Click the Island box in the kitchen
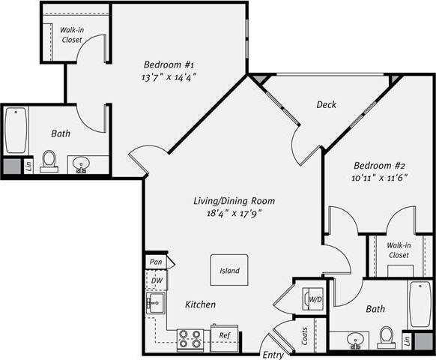pyautogui.click(x=229, y=270)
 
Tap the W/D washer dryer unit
pyautogui.click(x=314, y=300)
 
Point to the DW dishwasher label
pyautogui.click(x=157, y=280)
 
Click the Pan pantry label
pyautogui.click(x=156, y=262)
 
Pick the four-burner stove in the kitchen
pyautogui.click(x=190, y=339)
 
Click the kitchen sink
pyautogui.click(x=156, y=304)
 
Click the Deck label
pyautogui.click(x=326, y=104)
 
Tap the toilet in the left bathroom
pyautogui.click(x=49, y=160)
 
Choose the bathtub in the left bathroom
pyautogui.click(x=16, y=130)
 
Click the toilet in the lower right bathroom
pyautogui.click(x=387, y=337)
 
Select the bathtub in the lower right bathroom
pyautogui.click(x=420, y=304)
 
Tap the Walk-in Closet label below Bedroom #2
pyautogui.click(x=399, y=250)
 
